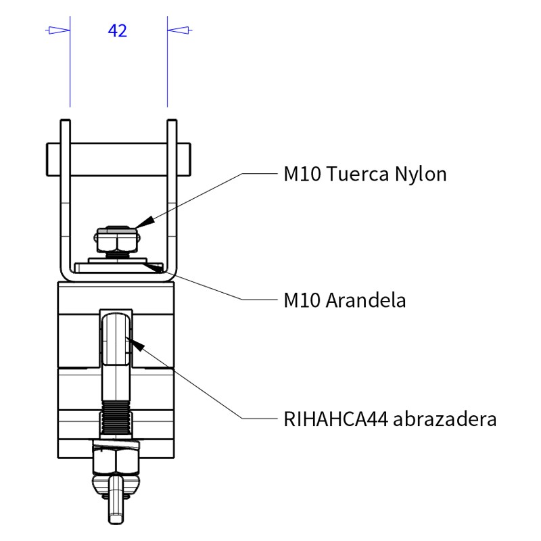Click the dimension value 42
[x=117, y=30]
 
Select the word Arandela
[x=366, y=300]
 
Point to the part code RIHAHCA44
[x=335, y=419]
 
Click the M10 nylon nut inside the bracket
[x=117, y=239]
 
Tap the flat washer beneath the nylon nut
[x=119, y=261]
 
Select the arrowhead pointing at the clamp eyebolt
[x=137, y=345]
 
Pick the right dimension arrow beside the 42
[x=179, y=30]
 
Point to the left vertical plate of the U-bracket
[x=65, y=196]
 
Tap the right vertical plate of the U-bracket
[x=172, y=196]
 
